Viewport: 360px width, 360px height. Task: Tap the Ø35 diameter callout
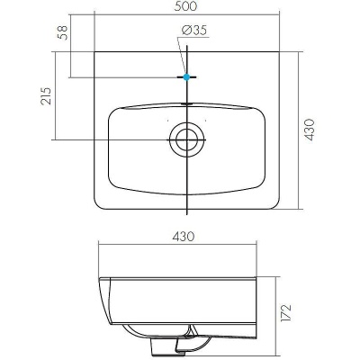[194, 30]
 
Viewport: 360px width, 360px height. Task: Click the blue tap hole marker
[186, 77]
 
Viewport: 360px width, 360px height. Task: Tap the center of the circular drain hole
[186, 139]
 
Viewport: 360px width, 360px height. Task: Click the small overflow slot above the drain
[186, 104]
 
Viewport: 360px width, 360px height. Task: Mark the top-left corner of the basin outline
[94, 52]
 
